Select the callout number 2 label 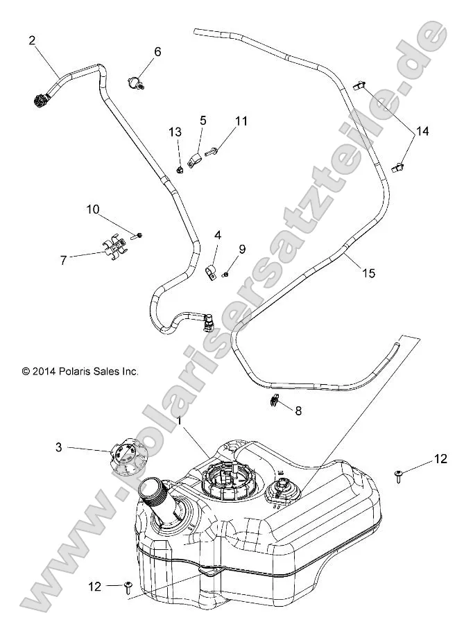pyautogui.click(x=32, y=40)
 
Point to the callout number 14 pyautogui.click(x=422, y=131)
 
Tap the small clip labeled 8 pyautogui.click(x=275, y=400)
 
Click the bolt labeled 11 pyautogui.click(x=212, y=149)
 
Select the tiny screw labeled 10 pyautogui.click(x=138, y=236)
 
